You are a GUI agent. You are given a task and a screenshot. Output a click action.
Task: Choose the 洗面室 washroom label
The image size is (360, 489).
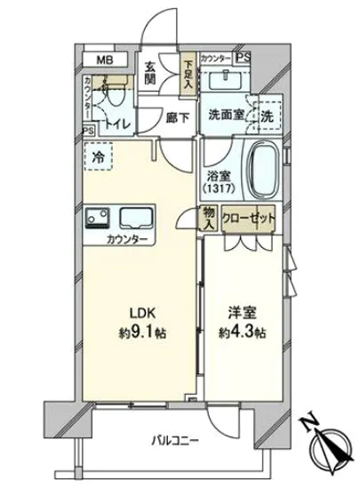(x=226, y=115)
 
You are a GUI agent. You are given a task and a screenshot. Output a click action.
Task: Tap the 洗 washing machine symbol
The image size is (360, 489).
(x=266, y=115)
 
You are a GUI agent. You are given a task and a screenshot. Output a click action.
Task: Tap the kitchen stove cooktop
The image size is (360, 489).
(x=99, y=217)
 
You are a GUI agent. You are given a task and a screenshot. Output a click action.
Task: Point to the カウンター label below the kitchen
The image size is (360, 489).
(x=125, y=240)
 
